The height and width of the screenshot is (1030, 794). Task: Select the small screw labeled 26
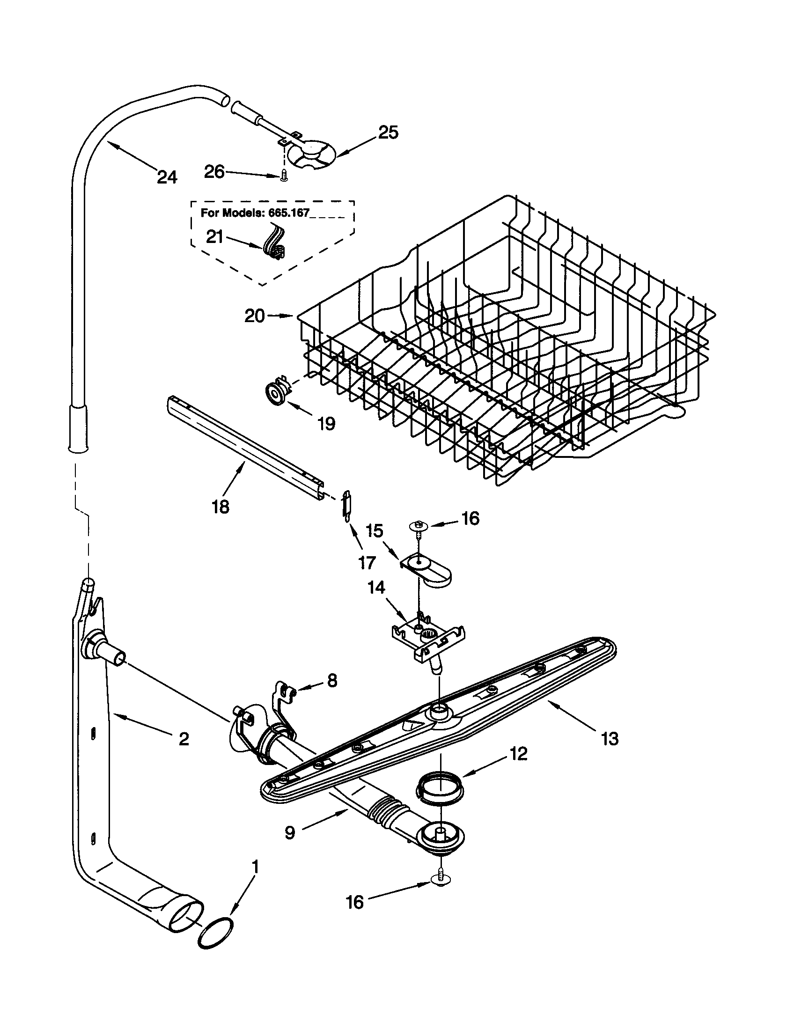(284, 176)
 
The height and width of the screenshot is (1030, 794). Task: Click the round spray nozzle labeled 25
(311, 154)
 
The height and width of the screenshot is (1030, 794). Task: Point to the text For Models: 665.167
(255, 213)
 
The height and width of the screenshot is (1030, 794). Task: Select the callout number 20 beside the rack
(255, 316)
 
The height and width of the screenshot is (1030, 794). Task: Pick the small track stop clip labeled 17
(347, 505)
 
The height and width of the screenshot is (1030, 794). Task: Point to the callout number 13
(610, 738)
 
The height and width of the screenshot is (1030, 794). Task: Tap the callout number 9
(290, 833)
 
